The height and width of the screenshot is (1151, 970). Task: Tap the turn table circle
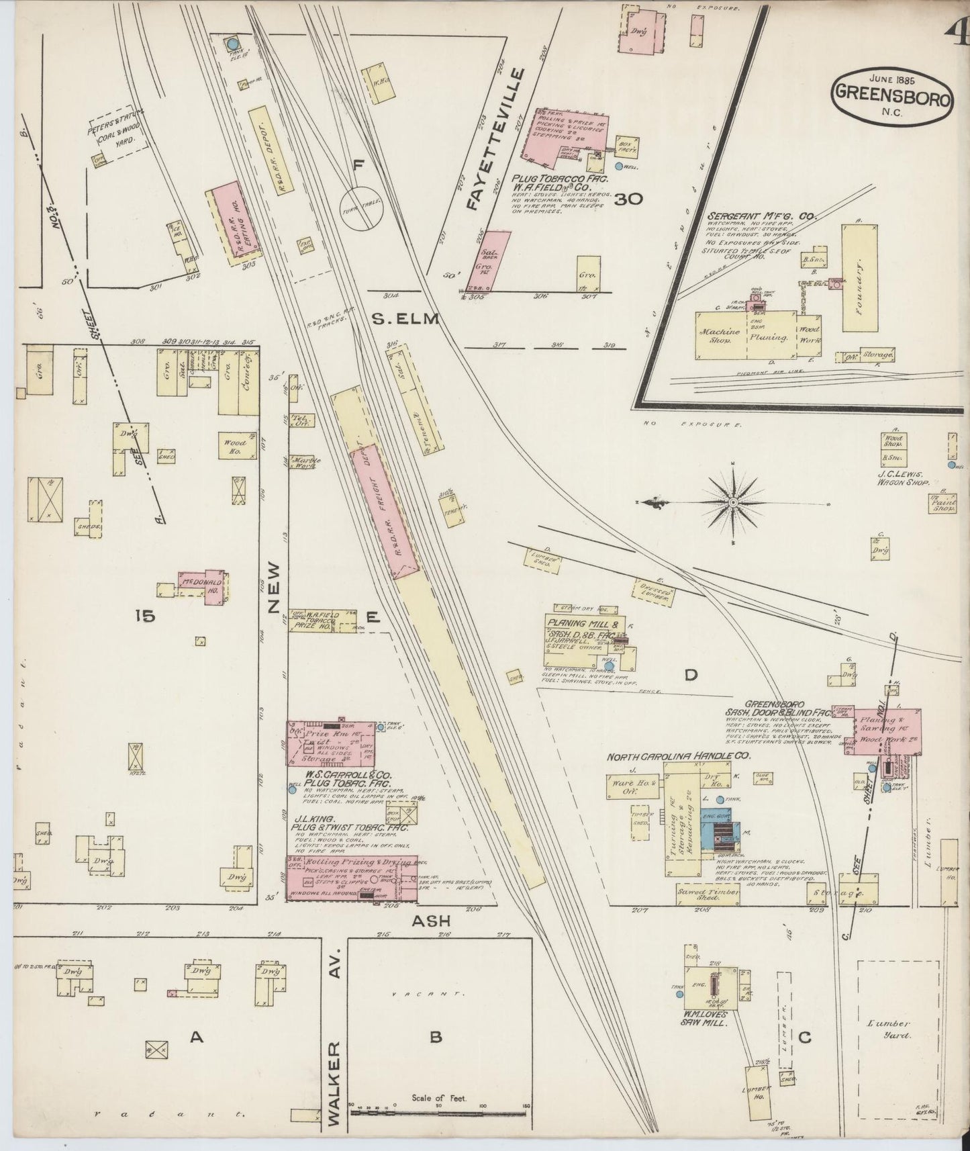pos(360,208)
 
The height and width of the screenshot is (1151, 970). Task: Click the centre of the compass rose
pos(734,501)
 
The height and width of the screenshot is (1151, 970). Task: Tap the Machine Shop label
pos(720,336)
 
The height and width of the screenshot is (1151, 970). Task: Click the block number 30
pos(628,199)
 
